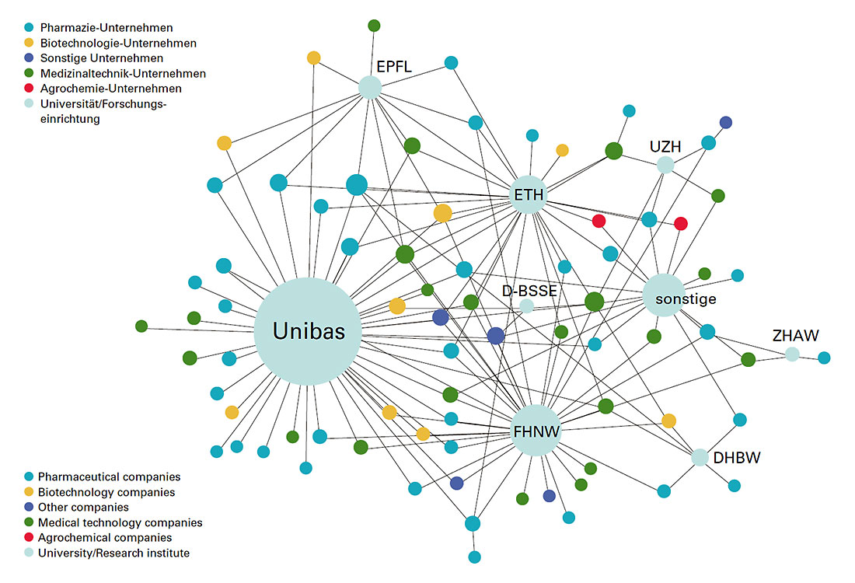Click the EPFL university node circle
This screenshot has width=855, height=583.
(371, 88)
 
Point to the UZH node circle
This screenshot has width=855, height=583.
(665, 165)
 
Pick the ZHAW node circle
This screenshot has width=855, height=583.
(791, 354)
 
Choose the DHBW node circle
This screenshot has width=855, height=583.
(700, 457)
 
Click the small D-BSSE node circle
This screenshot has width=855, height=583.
(526, 305)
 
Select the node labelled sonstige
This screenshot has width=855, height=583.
(665, 295)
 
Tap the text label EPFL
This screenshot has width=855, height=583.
(393, 67)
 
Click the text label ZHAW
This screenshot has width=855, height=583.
(795, 336)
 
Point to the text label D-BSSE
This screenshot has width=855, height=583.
(529, 291)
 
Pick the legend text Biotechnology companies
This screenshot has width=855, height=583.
(106, 492)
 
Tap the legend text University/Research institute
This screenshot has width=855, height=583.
(113, 553)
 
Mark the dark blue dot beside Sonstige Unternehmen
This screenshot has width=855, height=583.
(29, 58)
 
